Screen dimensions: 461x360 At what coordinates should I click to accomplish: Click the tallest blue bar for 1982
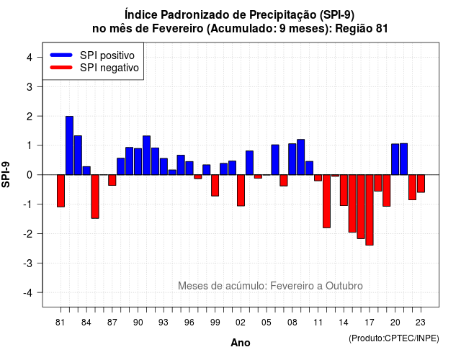tap(69, 145)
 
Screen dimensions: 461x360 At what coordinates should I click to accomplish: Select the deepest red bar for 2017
tap(370, 210)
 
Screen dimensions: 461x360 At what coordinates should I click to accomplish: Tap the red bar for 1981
tap(61, 191)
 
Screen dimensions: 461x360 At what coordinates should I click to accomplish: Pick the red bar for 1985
tap(95, 197)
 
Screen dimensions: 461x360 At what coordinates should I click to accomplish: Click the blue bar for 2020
tap(395, 159)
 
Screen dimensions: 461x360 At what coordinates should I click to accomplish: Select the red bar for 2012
tap(326, 202)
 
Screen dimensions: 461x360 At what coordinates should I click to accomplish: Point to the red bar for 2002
tap(241, 190)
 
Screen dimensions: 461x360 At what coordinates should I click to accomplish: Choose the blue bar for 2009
tap(301, 157)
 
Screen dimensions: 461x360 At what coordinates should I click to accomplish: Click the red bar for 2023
tap(421, 184)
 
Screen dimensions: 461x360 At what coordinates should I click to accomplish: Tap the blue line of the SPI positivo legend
tap(61, 55)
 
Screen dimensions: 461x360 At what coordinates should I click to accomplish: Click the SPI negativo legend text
tap(109, 68)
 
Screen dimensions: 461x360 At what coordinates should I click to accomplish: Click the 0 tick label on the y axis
tap(30, 175)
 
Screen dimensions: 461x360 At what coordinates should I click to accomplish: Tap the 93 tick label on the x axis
tap(164, 323)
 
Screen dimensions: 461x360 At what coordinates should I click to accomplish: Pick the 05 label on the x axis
tap(267, 323)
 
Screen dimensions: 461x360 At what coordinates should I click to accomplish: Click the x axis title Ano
tap(241, 343)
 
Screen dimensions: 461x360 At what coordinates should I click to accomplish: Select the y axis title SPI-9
tap(6, 175)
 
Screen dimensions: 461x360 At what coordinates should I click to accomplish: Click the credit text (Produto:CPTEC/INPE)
tap(394, 338)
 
